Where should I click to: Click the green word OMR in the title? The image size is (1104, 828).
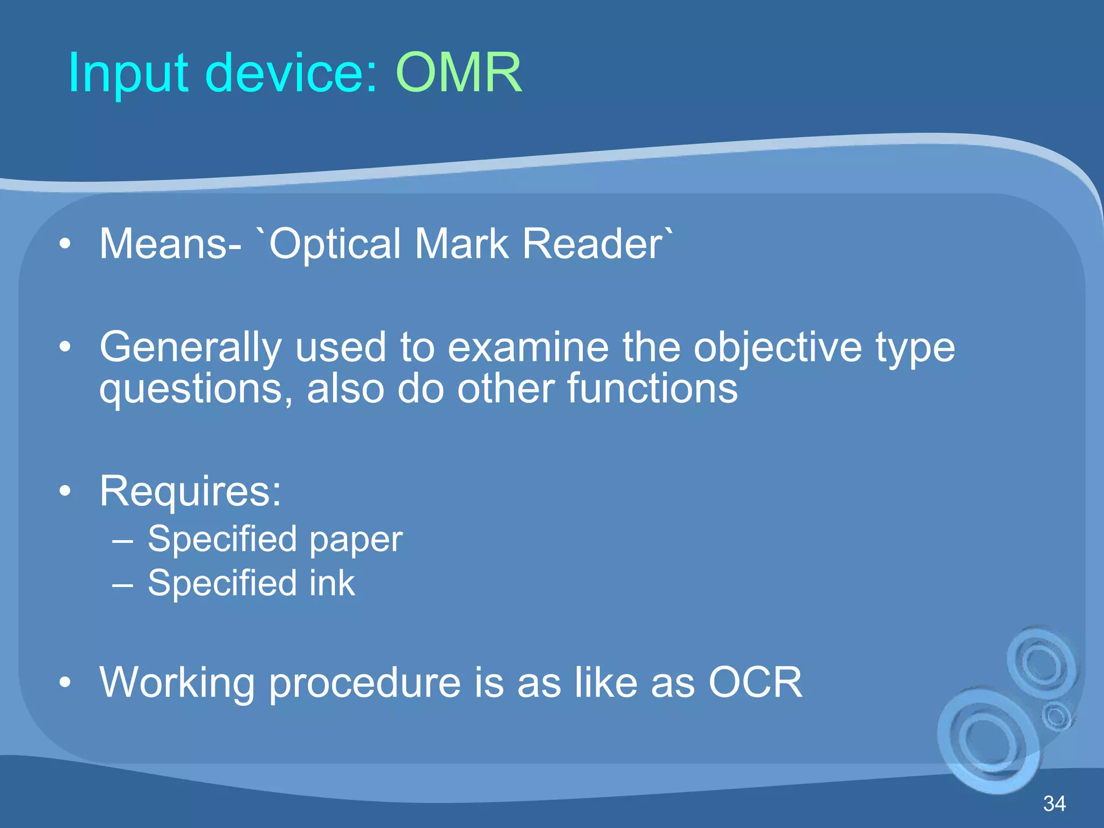point(459,73)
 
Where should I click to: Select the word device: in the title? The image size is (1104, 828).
point(291,73)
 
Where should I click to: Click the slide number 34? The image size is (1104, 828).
point(1054,804)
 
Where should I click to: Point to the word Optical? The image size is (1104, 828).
point(334,244)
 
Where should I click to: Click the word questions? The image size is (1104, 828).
point(196,390)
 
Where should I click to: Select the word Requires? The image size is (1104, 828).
point(190,492)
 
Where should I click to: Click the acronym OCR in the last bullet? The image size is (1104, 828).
point(755,682)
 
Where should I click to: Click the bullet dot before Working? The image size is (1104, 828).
point(65,683)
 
